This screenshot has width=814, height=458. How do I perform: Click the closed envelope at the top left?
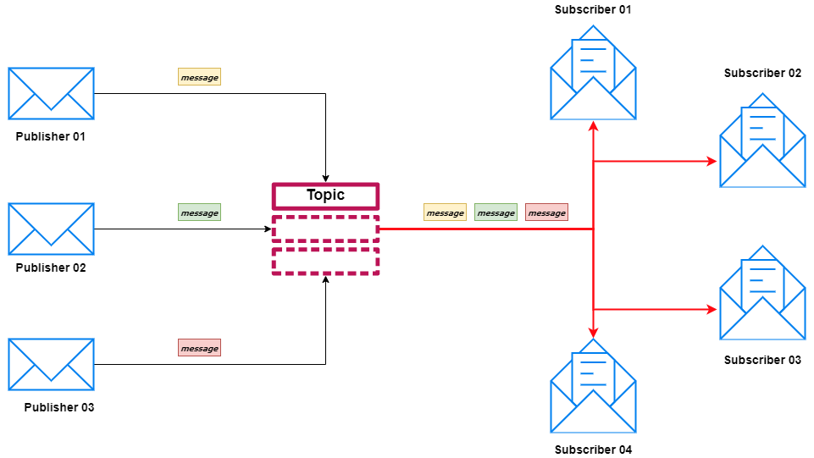point(51,93)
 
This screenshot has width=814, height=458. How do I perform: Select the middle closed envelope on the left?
point(51,229)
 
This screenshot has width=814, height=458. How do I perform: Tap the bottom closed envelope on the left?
point(51,364)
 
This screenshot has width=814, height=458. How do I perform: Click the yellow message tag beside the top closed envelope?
point(199,77)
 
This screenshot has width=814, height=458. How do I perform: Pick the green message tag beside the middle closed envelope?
point(199,212)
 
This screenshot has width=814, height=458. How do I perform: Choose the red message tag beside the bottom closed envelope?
point(199,348)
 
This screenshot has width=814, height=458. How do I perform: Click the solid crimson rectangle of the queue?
point(325,196)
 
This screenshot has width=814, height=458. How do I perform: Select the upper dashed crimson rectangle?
point(325,229)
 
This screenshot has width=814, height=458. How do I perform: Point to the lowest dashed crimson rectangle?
point(325,261)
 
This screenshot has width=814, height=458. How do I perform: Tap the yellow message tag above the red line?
point(445,212)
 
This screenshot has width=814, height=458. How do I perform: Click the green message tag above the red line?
point(496,212)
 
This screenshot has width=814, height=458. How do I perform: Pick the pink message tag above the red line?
point(546,212)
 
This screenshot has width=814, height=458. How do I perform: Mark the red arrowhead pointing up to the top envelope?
point(594,126)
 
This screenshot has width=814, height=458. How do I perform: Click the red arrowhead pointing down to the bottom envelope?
point(594,332)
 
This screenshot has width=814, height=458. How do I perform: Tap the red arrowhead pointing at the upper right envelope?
point(712,161)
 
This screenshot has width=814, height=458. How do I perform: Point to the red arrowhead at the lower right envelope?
point(712,310)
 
